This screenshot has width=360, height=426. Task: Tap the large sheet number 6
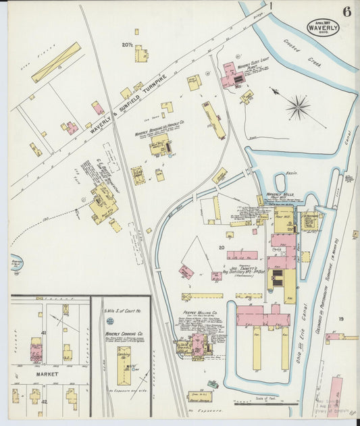point(346,11)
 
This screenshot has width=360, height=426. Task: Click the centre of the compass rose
point(297,107)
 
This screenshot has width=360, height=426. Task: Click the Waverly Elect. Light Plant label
point(246,67)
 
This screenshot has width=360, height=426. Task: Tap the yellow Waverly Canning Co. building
point(124,365)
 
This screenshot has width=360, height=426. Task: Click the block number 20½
point(127,45)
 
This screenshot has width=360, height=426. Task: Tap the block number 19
point(341,319)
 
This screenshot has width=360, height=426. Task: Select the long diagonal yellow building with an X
point(56,62)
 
